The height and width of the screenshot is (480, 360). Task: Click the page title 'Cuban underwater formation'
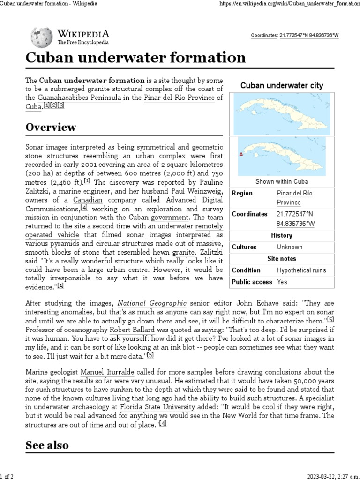pyautogui.click(x=135, y=58)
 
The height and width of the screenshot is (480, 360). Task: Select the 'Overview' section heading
pyautogui.click(x=51, y=127)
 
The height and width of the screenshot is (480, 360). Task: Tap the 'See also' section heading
pyautogui.click(x=47, y=445)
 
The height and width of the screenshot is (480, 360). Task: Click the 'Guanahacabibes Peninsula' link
pyautogui.click(x=79, y=97)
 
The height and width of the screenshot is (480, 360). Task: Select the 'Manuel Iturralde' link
pyautogui.click(x=106, y=372)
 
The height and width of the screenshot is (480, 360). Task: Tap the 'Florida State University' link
pyautogui.click(x=157, y=407)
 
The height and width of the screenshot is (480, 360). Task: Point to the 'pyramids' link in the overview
pyautogui.click(x=65, y=244)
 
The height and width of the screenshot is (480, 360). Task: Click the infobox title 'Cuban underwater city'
pyautogui.click(x=281, y=86)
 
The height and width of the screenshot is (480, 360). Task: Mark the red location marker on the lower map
pyautogui.click(x=240, y=154)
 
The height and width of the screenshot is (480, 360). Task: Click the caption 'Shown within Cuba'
pyautogui.click(x=281, y=181)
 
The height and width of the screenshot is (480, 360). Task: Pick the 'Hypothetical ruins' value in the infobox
pyautogui.click(x=301, y=270)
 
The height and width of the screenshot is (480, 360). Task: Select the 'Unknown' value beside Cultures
pyautogui.click(x=289, y=247)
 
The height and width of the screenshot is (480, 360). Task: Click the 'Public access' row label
pyautogui.click(x=252, y=282)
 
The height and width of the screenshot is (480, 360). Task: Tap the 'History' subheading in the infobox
pyautogui.click(x=281, y=235)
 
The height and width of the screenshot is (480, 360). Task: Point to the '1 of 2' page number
pyautogui.click(x=7, y=476)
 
